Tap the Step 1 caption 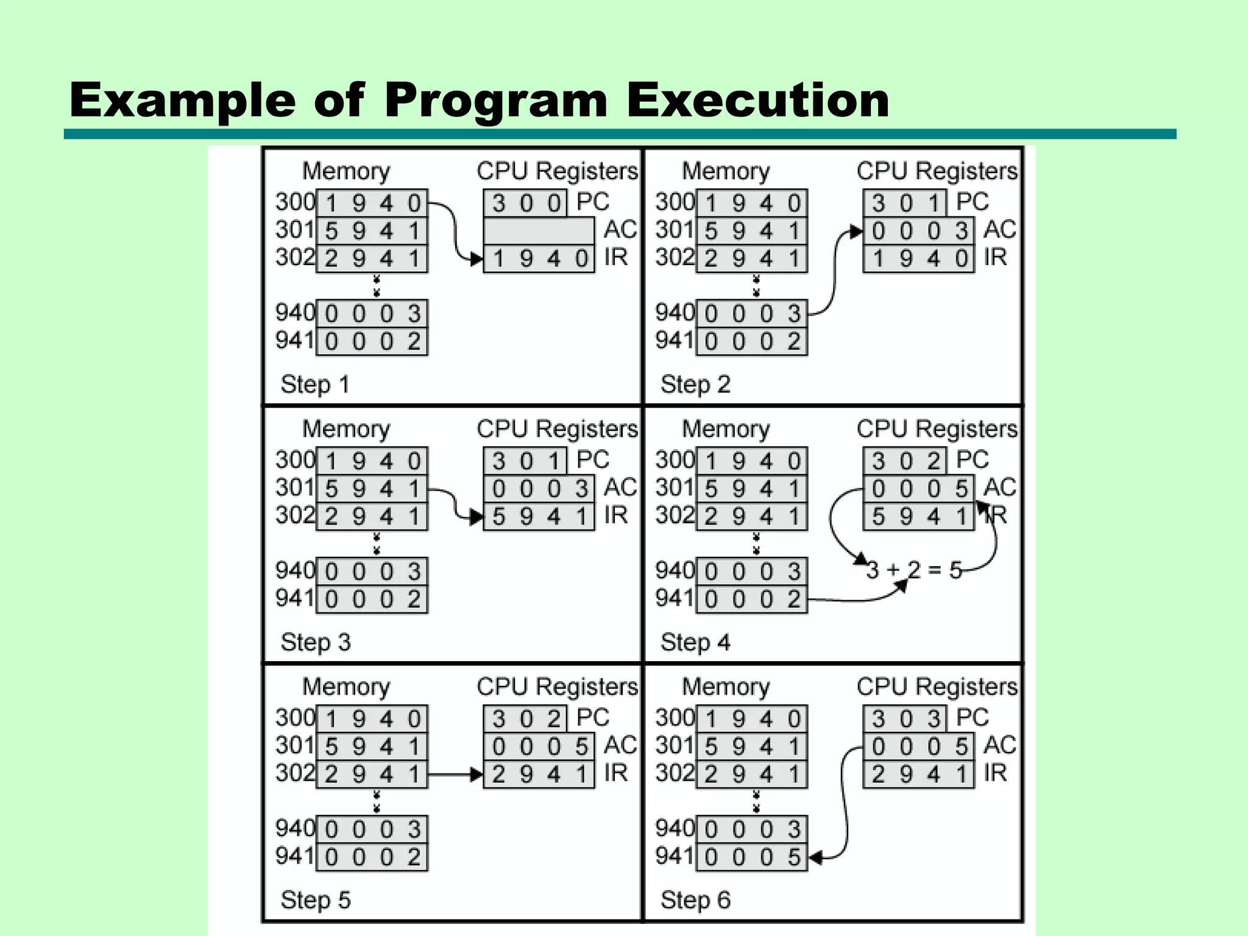pos(314,385)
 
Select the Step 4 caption pos(695,642)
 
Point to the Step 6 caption pos(695,900)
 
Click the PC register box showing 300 pos(525,203)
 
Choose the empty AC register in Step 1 pos(539,231)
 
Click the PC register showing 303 pos(905,718)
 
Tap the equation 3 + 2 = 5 pos(913,570)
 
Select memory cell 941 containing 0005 pos(752,857)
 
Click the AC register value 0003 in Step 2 pos(918,231)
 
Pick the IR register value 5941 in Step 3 pos(539,517)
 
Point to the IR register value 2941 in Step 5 pos(539,775)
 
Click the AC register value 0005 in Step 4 pos(918,489)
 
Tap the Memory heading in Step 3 pos(346,429)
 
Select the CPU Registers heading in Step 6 pos(937,687)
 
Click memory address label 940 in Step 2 pos(675,313)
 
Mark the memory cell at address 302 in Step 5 pos(372,775)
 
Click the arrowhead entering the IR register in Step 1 pos(477,259)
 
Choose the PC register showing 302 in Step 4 pos(905,461)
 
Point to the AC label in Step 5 pos(620,745)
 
